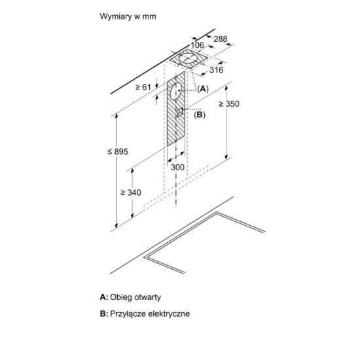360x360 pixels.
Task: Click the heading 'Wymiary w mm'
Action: pos(128,16)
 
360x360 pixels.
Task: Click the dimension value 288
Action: pos(221,39)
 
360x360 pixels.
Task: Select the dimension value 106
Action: pos(197,45)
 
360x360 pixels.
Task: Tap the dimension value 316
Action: pos(216,70)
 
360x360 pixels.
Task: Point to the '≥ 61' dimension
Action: pos(143,87)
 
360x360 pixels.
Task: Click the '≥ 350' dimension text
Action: pos(229,104)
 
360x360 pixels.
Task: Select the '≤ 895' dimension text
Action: pos(118,152)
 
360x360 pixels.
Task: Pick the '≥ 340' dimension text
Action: pos(131,192)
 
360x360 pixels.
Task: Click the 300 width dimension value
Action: pos(177,167)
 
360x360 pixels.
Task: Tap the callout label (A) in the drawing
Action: pos(203,88)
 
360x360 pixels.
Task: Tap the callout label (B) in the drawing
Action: pos(200,115)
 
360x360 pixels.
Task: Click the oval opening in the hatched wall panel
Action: pos(176,91)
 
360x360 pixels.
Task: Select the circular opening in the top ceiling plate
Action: pos(188,58)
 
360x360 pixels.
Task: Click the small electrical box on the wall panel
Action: pos(179,112)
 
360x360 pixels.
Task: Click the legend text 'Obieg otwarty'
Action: pos(135,297)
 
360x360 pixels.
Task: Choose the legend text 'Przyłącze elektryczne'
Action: pos(150,314)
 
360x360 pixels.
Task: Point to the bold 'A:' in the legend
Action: pos(104,297)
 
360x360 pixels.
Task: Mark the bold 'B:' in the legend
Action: pos(104,314)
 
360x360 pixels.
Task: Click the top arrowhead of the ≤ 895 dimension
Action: pos(117,116)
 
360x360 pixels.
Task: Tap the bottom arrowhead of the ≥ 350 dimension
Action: pos(226,156)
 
